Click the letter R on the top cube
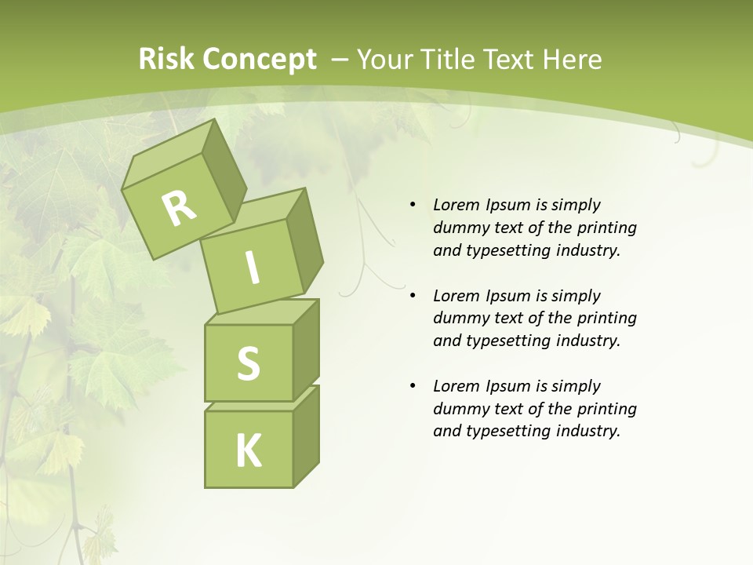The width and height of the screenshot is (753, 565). (179, 208)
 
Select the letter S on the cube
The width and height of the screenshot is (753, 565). (248, 363)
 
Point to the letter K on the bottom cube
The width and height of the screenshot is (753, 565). (248, 451)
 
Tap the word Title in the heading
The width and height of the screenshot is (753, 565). (452, 60)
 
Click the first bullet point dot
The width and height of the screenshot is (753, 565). (413, 205)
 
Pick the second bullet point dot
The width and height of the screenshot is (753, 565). (413, 296)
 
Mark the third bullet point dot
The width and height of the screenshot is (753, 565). (413, 386)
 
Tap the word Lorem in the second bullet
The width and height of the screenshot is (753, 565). (454, 296)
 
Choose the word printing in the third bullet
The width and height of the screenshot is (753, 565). (606, 409)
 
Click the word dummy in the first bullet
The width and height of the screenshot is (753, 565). (459, 228)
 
